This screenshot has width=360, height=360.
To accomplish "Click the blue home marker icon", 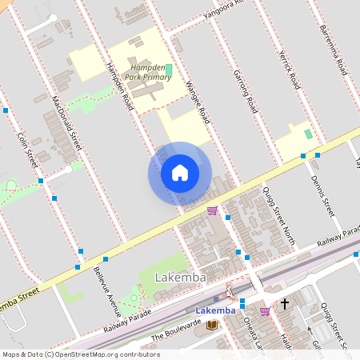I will click(180, 173).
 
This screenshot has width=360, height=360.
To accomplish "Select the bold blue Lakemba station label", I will click(216, 310).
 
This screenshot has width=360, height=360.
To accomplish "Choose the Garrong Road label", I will click(244, 90).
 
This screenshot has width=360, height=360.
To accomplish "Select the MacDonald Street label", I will click(66, 124).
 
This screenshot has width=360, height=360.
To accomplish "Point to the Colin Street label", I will click(27, 150).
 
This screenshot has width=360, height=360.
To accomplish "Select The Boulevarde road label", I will click(174, 330).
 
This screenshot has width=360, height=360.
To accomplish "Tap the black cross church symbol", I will click(284, 304).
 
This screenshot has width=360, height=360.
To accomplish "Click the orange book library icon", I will click(211, 324).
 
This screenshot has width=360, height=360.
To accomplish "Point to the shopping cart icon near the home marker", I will click(212, 210).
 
